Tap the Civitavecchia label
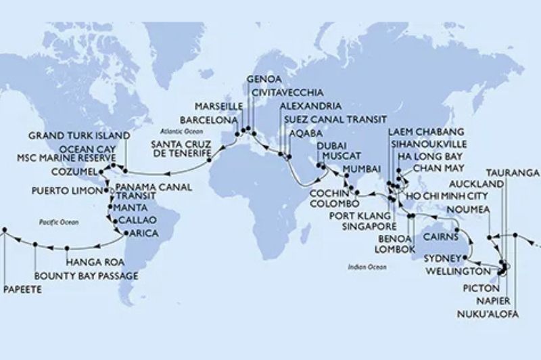point(287,92)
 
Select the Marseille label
point(218,106)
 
